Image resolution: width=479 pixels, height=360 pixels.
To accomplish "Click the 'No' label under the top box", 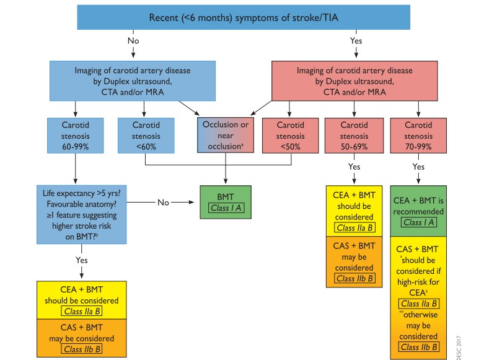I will (x=133, y=41).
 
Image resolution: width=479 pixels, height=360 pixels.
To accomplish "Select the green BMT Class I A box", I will (x=225, y=201).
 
